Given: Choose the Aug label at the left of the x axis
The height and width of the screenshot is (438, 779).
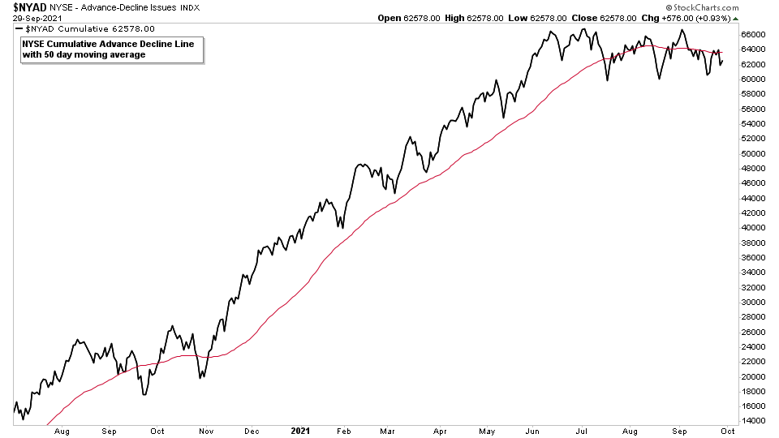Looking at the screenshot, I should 61,431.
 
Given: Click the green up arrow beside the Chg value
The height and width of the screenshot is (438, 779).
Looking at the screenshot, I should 734,17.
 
